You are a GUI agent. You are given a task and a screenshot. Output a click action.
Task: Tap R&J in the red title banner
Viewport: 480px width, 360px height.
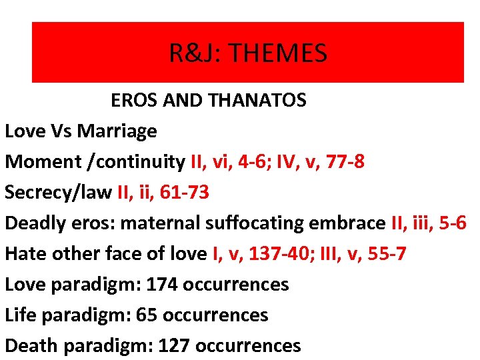(x=193, y=53)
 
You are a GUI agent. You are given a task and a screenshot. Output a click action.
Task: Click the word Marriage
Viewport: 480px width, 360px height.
(x=117, y=131)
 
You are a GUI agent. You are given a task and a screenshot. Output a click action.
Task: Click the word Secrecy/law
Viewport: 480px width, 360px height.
(x=58, y=193)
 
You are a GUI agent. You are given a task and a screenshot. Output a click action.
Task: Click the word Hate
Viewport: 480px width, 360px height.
(x=23, y=254)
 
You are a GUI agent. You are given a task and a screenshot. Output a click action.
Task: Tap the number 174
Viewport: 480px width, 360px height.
(x=162, y=285)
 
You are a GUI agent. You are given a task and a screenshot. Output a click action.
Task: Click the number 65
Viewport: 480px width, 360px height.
(x=146, y=315)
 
